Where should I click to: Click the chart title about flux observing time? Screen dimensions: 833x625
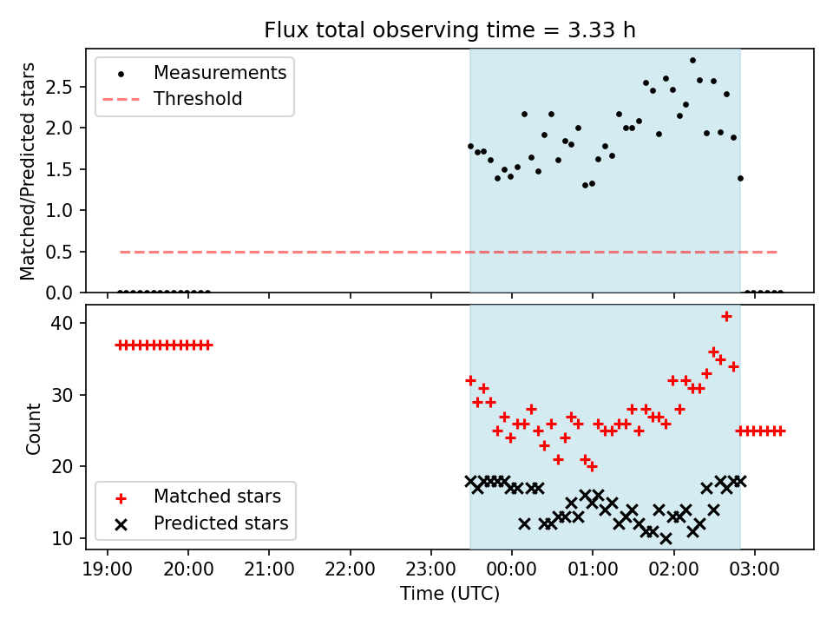click(449, 30)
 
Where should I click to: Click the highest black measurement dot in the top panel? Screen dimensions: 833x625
click(692, 61)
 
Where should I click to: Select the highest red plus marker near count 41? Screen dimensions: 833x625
click(726, 317)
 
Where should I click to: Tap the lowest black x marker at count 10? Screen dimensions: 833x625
click(666, 539)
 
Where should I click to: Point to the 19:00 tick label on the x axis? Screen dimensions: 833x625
click(108, 569)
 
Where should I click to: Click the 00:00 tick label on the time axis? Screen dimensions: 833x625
click(512, 569)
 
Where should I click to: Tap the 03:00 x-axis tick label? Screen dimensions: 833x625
click(754, 569)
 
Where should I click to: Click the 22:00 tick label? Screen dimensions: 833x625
click(350, 569)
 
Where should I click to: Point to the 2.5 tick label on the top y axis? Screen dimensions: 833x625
click(59, 87)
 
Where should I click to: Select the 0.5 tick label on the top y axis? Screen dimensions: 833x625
click(59, 252)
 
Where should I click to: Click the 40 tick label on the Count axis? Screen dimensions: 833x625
click(62, 323)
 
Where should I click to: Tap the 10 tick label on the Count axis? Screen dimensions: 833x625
click(62, 538)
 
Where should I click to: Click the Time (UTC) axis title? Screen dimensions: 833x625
click(450, 593)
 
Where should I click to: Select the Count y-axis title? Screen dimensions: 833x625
click(33, 428)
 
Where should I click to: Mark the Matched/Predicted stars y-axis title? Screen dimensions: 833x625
click(27, 171)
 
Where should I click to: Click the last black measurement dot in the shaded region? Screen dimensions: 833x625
click(740, 179)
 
